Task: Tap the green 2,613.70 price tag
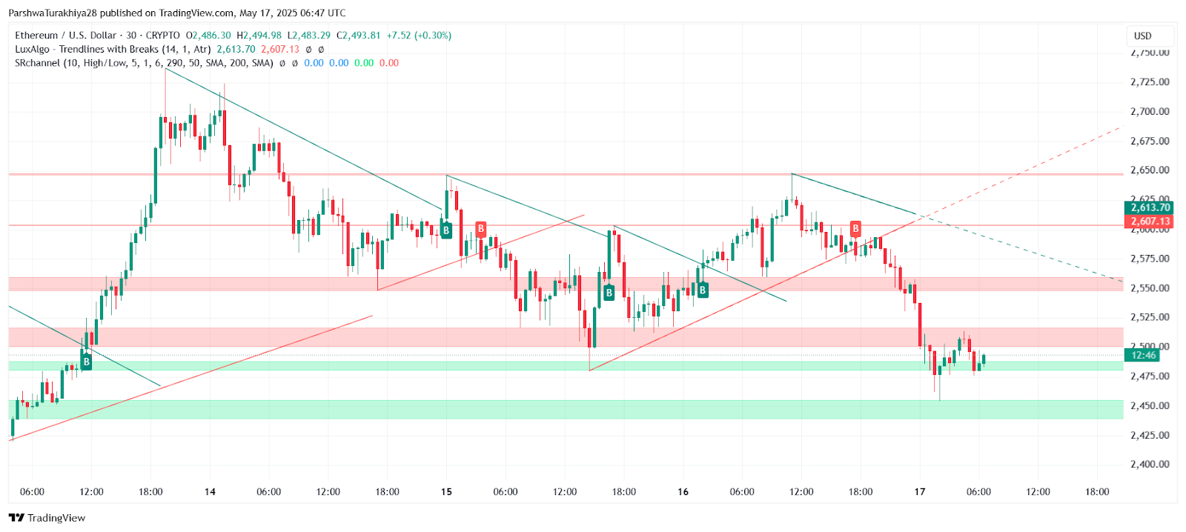[1150, 207]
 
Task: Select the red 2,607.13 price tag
[1150, 222]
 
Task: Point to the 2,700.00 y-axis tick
[1150, 111]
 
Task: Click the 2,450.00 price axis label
[1150, 405]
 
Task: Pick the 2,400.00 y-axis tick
[1150, 465]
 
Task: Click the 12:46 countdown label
[1144, 355]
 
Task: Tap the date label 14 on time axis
[210, 491]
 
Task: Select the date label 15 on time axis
[446, 491]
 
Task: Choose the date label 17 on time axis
[920, 491]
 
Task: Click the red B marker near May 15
[481, 228]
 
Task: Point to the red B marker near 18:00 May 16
[855, 228]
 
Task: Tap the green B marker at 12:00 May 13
[86, 362]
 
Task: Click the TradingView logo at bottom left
[47, 518]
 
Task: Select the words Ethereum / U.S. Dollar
[66, 36]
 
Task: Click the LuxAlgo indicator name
[32, 49]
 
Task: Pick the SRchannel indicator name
[37, 63]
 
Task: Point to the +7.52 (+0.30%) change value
[419, 36]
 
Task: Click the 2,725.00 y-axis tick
[1150, 82]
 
